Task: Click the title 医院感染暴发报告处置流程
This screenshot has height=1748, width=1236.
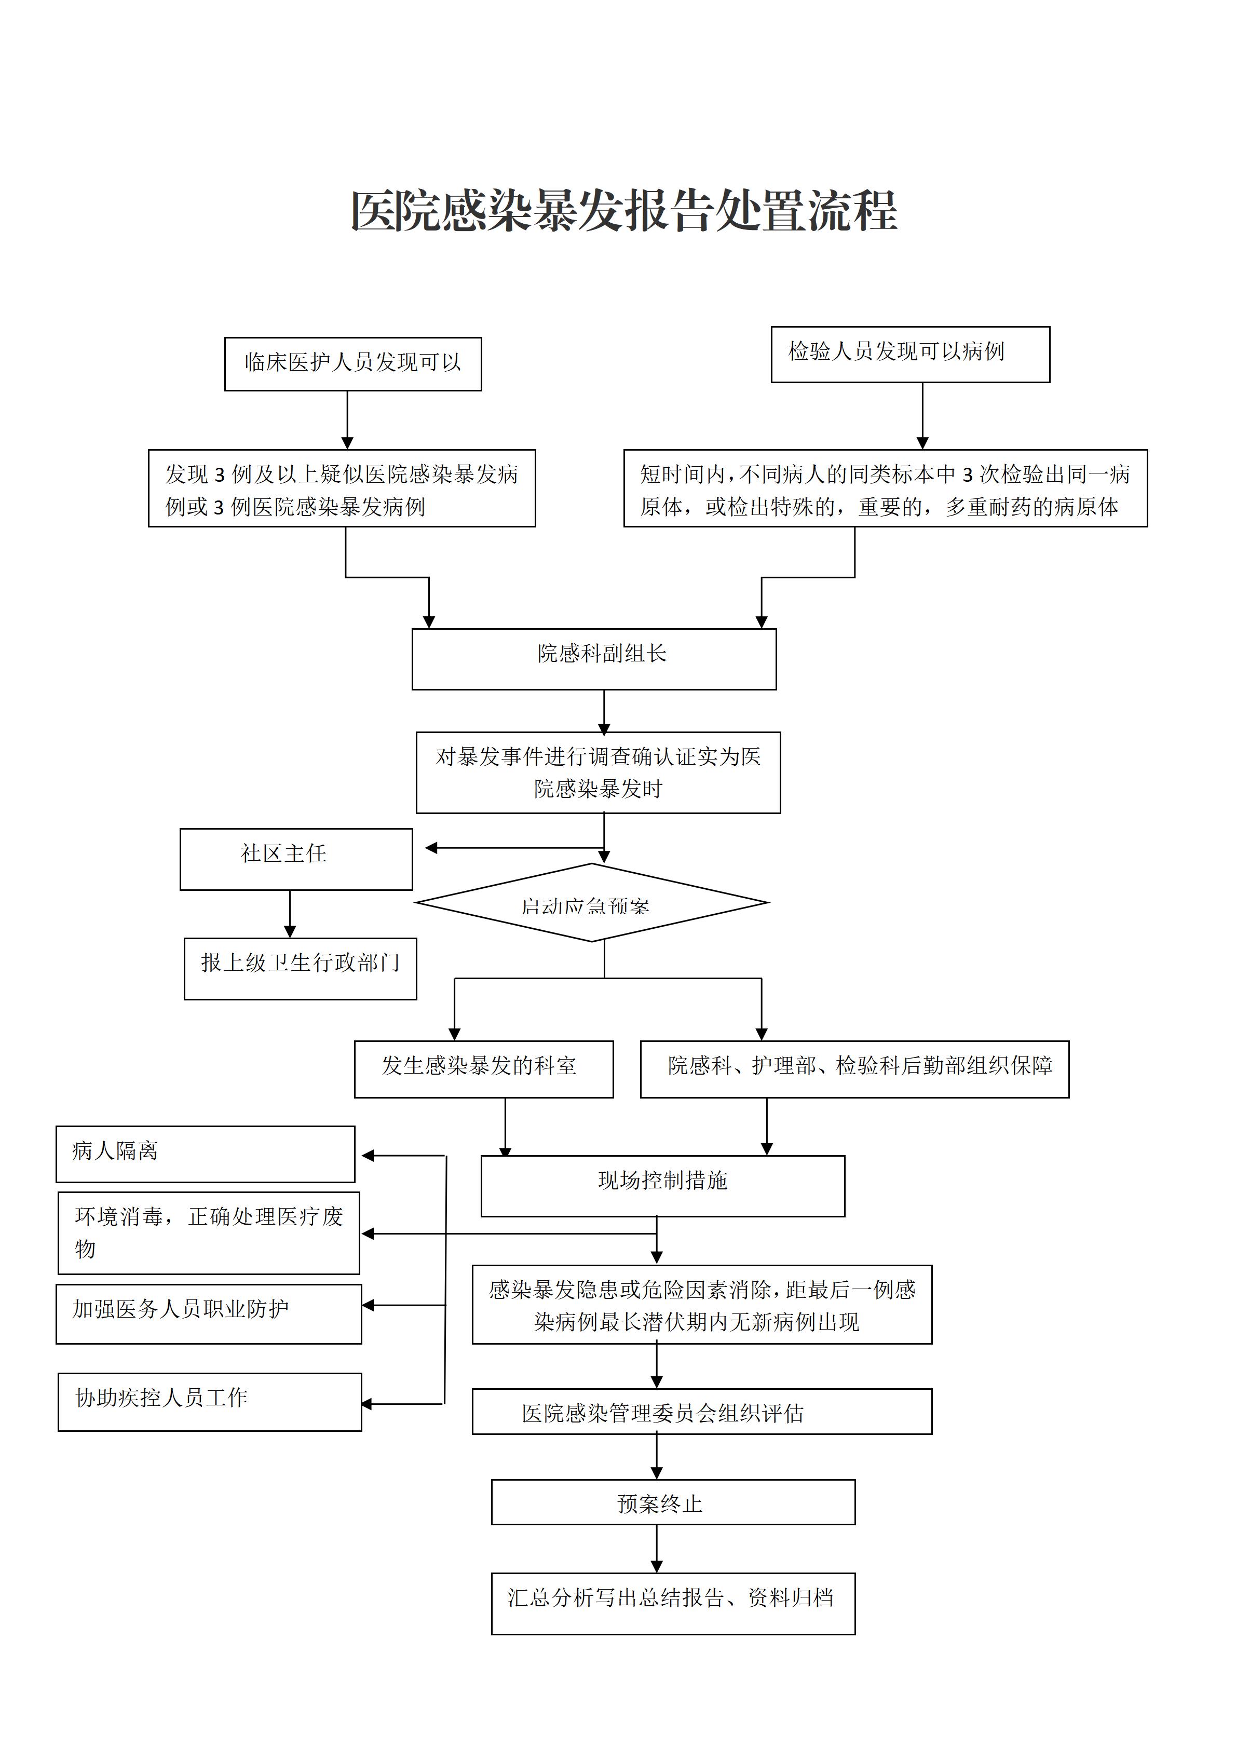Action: coord(624,211)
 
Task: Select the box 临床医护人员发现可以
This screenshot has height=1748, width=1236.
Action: coord(353,364)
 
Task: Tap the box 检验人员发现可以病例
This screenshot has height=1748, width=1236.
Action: coord(910,354)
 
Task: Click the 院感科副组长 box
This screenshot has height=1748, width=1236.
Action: coord(594,659)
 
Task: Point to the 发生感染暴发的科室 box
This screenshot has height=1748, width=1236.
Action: coord(484,1069)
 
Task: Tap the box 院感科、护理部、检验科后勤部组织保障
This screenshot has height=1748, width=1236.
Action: coord(854,1069)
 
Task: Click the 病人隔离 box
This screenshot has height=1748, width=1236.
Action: coord(206,1154)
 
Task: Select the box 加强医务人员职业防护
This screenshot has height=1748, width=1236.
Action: coord(209,1314)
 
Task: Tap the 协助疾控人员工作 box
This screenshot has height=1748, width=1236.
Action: coord(210,1402)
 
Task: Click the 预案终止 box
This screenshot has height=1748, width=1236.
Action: coord(674,1502)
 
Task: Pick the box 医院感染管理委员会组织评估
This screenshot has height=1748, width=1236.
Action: coord(702,1412)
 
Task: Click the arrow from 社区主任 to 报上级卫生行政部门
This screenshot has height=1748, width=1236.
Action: coord(290,914)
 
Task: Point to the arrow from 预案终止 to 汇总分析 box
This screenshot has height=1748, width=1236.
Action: coord(657,1549)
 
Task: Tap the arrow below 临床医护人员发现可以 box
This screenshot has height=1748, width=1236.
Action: coord(347,420)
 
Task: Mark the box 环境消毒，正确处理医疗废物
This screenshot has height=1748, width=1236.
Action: coord(209,1234)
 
